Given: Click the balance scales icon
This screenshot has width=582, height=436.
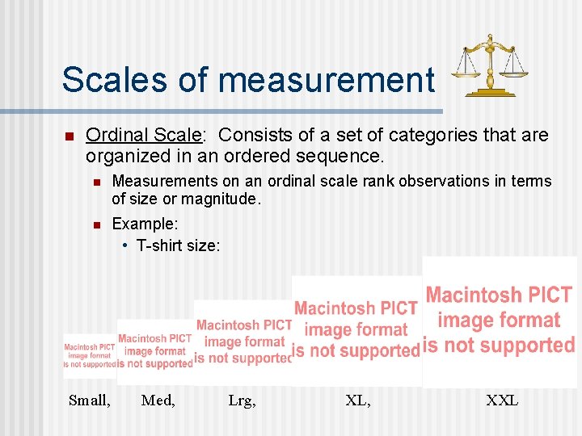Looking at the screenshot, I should (488, 65).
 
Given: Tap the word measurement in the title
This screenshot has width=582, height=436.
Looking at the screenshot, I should (327, 79).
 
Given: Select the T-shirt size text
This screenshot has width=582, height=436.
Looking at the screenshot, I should (178, 245).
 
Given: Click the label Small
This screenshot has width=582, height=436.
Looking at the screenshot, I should (90, 399).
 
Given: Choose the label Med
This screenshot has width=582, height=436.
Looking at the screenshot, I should (158, 399).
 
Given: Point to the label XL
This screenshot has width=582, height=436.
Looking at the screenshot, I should (358, 399).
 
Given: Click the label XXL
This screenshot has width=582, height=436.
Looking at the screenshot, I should (502, 399).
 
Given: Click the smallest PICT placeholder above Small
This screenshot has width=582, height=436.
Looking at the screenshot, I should (90, 355).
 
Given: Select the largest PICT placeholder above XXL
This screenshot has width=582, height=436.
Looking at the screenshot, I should (500, 321).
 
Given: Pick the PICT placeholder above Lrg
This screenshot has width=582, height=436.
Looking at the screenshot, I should (242, 342).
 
